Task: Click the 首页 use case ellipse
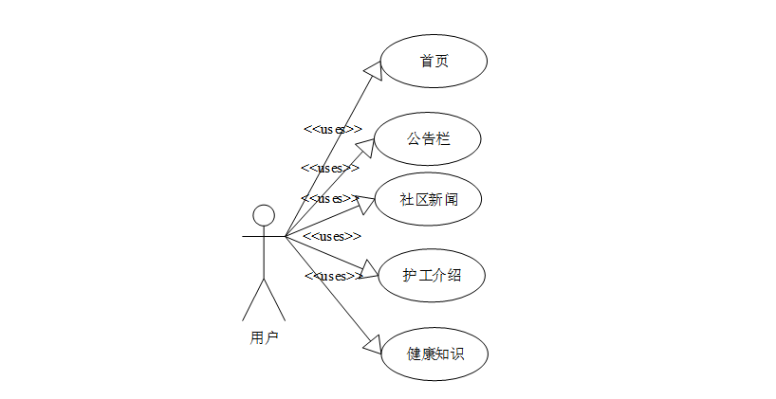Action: [434, 61]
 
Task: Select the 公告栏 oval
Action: [428, 138]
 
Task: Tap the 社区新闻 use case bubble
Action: [429, 199]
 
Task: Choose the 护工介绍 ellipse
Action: [433, 276]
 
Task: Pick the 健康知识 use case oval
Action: [434, 354]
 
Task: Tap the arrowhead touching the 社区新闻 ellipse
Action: [366, 201]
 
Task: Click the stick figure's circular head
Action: [264, 215]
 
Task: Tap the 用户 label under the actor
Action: [264, 337]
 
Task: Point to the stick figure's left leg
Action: [253, 300]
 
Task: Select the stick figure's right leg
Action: [275, 300]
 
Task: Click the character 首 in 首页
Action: [427, 61]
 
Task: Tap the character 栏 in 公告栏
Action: [443, 138]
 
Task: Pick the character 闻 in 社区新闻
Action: [452, 199]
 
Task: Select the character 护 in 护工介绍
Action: [410, 276]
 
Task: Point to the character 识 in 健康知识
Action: [456, 354]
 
